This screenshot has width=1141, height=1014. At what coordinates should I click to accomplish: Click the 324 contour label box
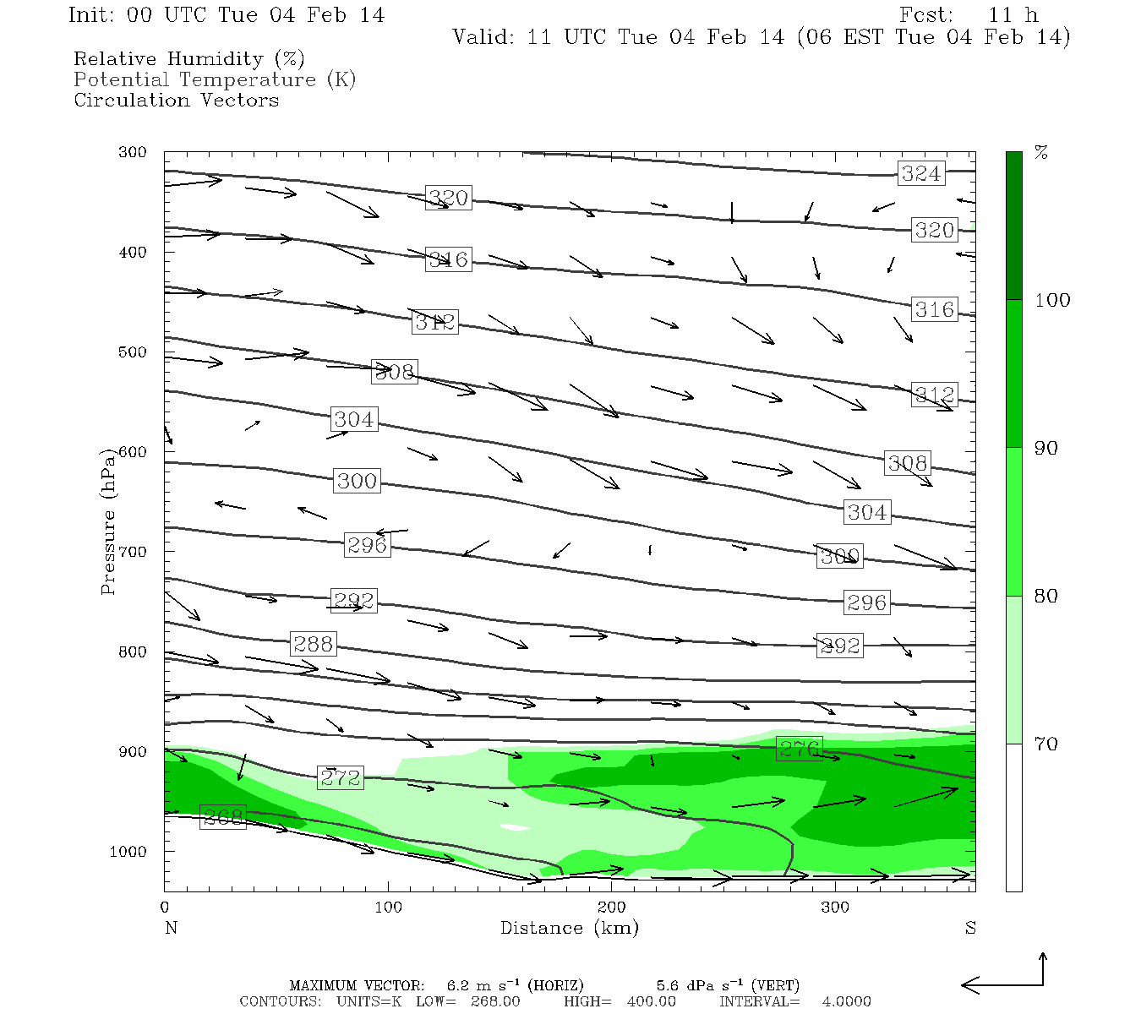pos(920,174)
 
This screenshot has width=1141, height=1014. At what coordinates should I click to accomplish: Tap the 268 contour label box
pos(223,817)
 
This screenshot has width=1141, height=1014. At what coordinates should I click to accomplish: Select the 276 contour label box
pos(799,749)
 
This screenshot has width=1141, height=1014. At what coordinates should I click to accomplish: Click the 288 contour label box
pos(313,644)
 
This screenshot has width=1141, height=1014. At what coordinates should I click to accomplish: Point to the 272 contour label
pos(341,777)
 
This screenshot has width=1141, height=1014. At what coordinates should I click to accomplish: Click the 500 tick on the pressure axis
pos(133,352)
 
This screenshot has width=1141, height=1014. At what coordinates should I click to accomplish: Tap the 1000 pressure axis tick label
pos(128,852)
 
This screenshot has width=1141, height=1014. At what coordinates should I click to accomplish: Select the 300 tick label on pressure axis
pos(133,153)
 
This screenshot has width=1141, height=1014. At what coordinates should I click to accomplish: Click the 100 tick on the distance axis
pos(389,908)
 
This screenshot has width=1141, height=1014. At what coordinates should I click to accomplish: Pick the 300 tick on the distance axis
pos(835,908)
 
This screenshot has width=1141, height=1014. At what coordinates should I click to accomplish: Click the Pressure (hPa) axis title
pos(108,521)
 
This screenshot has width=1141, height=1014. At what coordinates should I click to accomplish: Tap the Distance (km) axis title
pos(569,928)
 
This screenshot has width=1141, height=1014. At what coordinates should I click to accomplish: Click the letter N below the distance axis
pos(171,928)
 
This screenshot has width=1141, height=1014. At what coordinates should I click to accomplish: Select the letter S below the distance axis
pos(970,928)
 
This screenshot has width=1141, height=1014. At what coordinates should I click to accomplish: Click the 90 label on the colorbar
pos(1046,448)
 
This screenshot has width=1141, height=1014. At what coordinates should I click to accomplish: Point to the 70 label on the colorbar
pos(1046,744)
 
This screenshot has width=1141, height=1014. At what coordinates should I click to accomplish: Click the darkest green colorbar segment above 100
pos(1013,226)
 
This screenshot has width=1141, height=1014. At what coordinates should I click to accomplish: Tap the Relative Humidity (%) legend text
pos(188,59)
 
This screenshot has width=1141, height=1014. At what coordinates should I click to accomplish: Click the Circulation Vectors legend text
pos(176,100)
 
